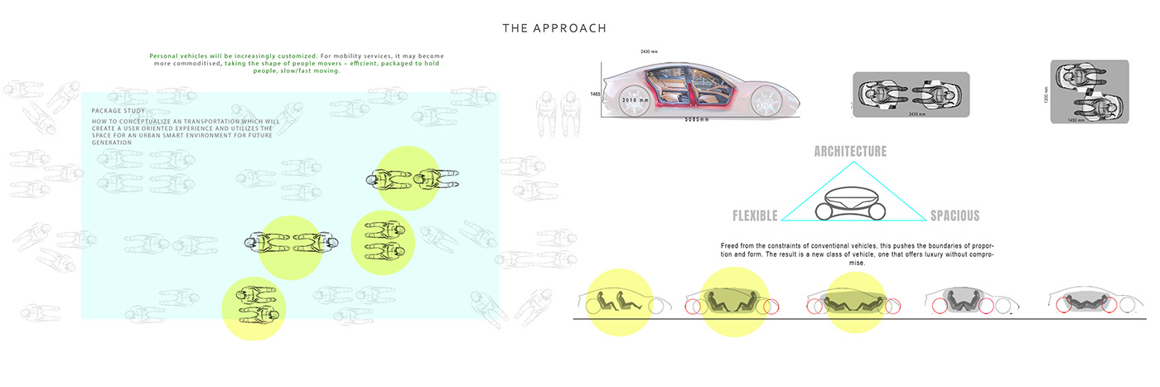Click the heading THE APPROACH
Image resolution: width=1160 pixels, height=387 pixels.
tap(554, 28)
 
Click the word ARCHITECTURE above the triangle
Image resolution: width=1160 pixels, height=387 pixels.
tap(850, 152)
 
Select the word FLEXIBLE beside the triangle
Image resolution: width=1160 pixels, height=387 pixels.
tap(755, 216)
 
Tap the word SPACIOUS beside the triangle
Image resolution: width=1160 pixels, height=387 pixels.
tap(955, 216)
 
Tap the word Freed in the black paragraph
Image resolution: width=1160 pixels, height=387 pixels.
tap(732, 247)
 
